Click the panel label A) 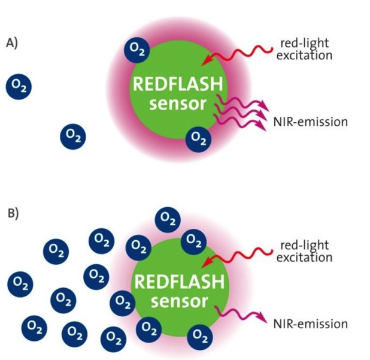point(12,43)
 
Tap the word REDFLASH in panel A point(178,85)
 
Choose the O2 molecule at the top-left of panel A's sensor point(137,50)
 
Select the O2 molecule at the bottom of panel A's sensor point(198,139)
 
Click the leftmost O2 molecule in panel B point(20,282)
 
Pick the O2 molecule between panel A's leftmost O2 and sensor point(73,137)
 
